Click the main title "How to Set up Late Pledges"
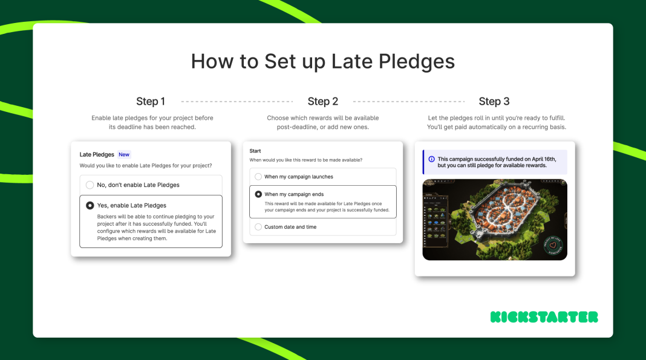[322, 62]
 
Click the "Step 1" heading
[151, 101]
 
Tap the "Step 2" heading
[322, 101]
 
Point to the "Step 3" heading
[494, 101]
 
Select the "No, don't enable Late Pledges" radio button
[90, 185]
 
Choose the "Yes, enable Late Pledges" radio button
[90, 205]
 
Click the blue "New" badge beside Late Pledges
[123, 154]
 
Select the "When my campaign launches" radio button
[258, 177]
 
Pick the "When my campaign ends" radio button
[258, 194]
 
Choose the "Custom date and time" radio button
[258, 227]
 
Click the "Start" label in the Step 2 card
[255, 151]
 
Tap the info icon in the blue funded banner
[431, 159]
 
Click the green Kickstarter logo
[544, 317]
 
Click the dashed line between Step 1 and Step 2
[237, 101]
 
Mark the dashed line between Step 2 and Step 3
[408, 101]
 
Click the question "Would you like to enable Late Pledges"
[146, 165]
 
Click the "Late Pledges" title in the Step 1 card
[97, 154]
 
